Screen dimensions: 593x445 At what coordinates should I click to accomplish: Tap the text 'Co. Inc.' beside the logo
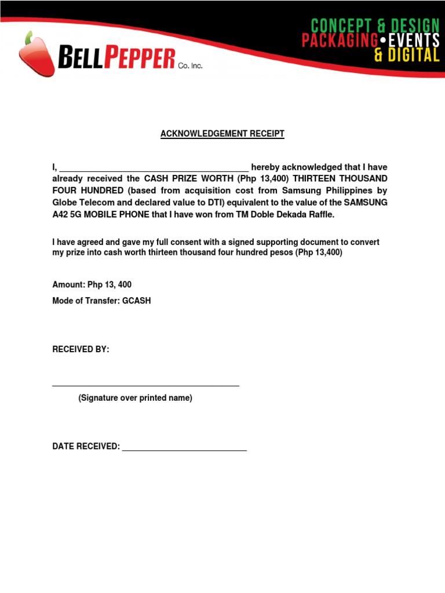[190, 67]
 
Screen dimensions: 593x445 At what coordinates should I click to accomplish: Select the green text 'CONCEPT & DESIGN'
[375, 25]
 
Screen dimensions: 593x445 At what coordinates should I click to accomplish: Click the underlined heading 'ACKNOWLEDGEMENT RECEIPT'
[222, 134]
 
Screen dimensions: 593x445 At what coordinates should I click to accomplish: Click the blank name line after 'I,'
[154, 169]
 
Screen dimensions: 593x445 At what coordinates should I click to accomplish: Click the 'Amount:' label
[69, 285]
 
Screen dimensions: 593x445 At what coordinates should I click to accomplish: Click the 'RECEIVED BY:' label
[81, 350]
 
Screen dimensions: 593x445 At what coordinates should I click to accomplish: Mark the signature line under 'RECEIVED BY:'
[145, 385]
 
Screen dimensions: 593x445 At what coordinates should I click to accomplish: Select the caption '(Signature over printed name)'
[135, 398]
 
